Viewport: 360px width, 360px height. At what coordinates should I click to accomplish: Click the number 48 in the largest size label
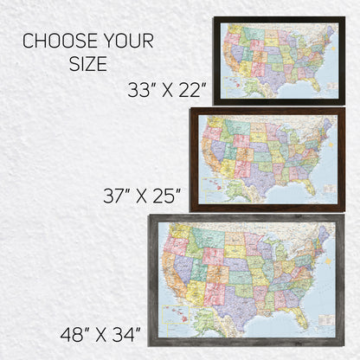pos(74,331)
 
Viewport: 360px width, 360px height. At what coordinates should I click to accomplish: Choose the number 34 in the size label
pos(126,331)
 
